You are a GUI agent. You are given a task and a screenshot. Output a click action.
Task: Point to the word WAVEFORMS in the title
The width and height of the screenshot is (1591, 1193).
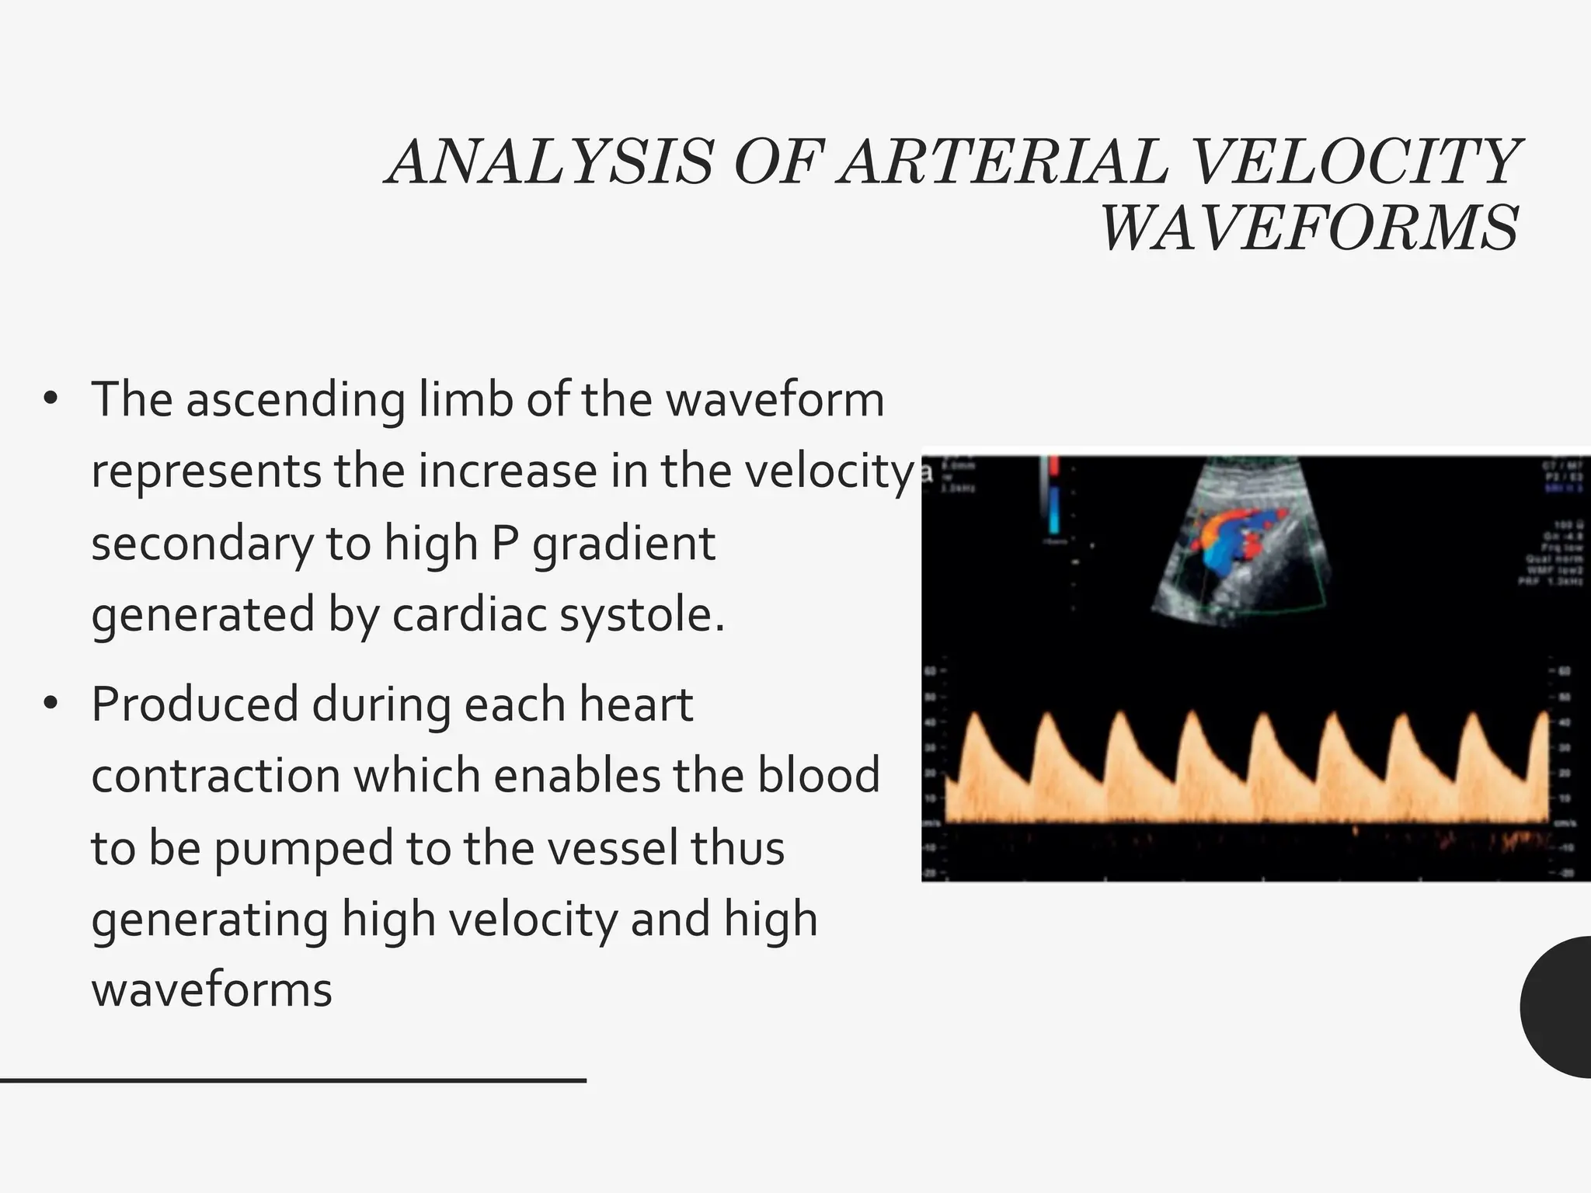click(x=1309, y=228)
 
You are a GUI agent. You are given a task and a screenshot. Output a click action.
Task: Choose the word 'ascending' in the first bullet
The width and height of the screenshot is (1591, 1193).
click(x=295, y=400)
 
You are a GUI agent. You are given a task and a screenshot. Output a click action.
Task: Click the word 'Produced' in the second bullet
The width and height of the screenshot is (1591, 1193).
click(x=195, y=704)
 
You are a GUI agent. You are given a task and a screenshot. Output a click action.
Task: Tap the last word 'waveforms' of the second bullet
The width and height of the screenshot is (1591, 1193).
click(x=212, y=990)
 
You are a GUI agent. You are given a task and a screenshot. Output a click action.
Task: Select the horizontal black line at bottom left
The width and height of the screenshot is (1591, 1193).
click(x=293, y=1080)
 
